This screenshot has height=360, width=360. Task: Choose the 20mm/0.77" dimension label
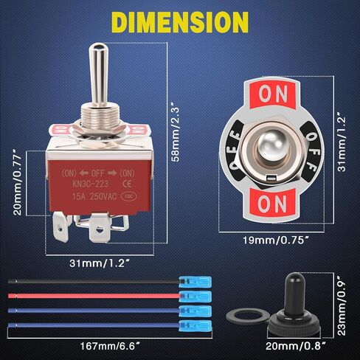(17, 189)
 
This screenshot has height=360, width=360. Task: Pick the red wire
(89, 293)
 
